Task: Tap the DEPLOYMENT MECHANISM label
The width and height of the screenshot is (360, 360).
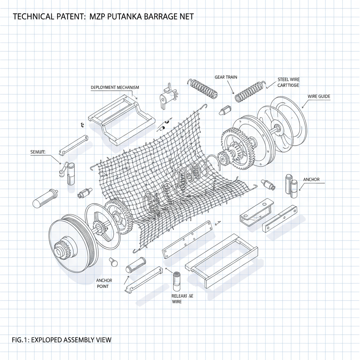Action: (115, 87)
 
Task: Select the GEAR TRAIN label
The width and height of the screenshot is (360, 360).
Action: (226, 77)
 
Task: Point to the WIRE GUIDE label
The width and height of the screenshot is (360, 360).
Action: (319, 96)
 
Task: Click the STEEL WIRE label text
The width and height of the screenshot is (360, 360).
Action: (289, 80)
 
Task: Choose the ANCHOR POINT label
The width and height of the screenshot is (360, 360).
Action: (104, 283)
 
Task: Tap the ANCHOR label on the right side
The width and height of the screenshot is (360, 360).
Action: (311, 179)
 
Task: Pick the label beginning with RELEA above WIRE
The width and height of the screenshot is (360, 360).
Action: (182, 296)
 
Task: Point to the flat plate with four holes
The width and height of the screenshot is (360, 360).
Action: (187, 240)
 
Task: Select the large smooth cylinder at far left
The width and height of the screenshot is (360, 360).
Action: (45, 198)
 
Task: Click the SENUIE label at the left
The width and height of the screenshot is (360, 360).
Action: (38, 152)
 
